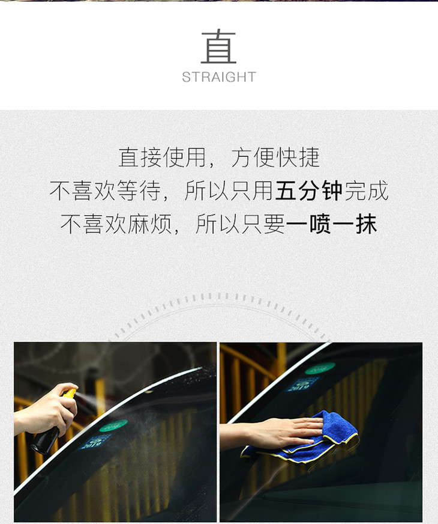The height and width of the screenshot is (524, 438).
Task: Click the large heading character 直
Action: click(x=218, y=46)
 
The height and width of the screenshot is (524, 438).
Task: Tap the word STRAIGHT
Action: click(x=219, y=77)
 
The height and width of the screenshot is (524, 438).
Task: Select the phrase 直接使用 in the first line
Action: click(x=162, y=157)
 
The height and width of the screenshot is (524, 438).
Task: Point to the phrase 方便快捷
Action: click(x=275, y=157)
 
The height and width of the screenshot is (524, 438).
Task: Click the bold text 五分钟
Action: click(x=309, y=190)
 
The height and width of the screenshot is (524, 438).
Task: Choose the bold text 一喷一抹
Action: click(x=332, y=224)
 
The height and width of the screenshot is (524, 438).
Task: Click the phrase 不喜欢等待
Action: click(x=105, y=190)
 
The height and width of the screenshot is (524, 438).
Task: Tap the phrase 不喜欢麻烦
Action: click(x=116, y=224)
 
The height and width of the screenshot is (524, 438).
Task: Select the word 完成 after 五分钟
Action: click(x=366, y=190)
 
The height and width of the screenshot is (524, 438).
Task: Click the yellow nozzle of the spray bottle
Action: click(x=70, y=392)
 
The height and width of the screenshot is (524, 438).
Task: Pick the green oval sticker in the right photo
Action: click(x=320, y=368)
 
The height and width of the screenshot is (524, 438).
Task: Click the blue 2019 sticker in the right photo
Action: click(x=302, y=384)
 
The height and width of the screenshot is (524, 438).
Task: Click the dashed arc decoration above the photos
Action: click(x=218, y=296)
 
